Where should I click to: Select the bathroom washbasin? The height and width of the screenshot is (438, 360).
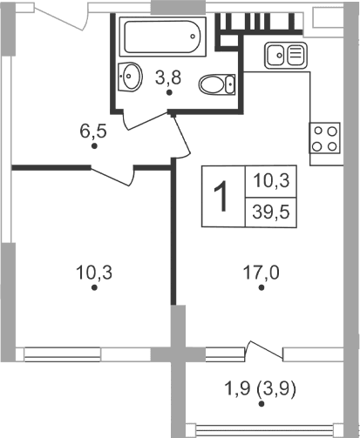tap(130, 77)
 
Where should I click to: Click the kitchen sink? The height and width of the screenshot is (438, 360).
tap(285, 55)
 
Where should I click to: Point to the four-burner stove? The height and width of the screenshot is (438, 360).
tap(326, 137)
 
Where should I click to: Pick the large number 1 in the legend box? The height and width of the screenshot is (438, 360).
tap(223, 197)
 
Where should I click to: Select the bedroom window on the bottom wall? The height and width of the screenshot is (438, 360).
tap(87, 353)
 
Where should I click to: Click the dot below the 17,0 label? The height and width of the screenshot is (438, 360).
tap(260, 291)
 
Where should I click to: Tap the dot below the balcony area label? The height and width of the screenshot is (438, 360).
tap(261, 404)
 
